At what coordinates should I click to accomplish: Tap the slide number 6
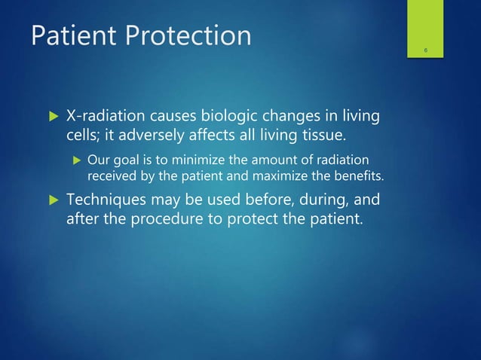(x=426, y=50)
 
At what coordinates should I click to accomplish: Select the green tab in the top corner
(x=426, y=30)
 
